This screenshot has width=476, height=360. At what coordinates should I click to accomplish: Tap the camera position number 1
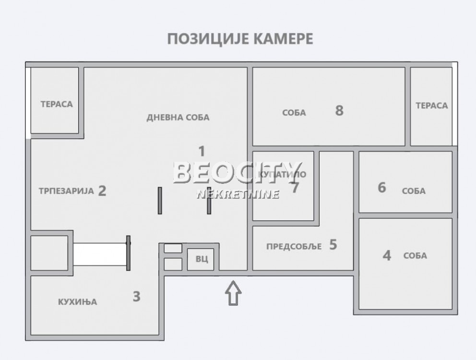[202, 152]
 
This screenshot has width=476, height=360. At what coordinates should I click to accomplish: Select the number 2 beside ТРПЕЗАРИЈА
[102, 191]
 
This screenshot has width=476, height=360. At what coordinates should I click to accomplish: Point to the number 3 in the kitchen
[137, 297]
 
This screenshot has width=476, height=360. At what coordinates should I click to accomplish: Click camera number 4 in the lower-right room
[387, 255]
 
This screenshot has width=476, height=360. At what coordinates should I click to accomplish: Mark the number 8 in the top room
[339, 111]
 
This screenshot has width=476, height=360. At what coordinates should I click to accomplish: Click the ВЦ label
[202, 259]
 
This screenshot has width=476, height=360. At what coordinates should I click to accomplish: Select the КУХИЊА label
[77, 302]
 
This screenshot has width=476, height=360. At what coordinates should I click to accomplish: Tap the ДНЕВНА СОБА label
[178, 118]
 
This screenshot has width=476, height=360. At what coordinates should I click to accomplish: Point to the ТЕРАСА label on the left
[57, 104]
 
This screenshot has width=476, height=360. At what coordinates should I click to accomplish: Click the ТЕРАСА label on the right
[431, 106]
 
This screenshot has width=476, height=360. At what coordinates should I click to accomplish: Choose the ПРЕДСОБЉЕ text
[292, 247]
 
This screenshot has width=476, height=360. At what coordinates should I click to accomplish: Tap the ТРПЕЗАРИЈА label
[66, 191]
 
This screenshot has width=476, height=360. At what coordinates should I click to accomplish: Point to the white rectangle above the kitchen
[99, 254]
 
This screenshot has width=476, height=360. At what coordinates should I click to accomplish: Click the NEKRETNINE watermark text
[238, 194]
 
